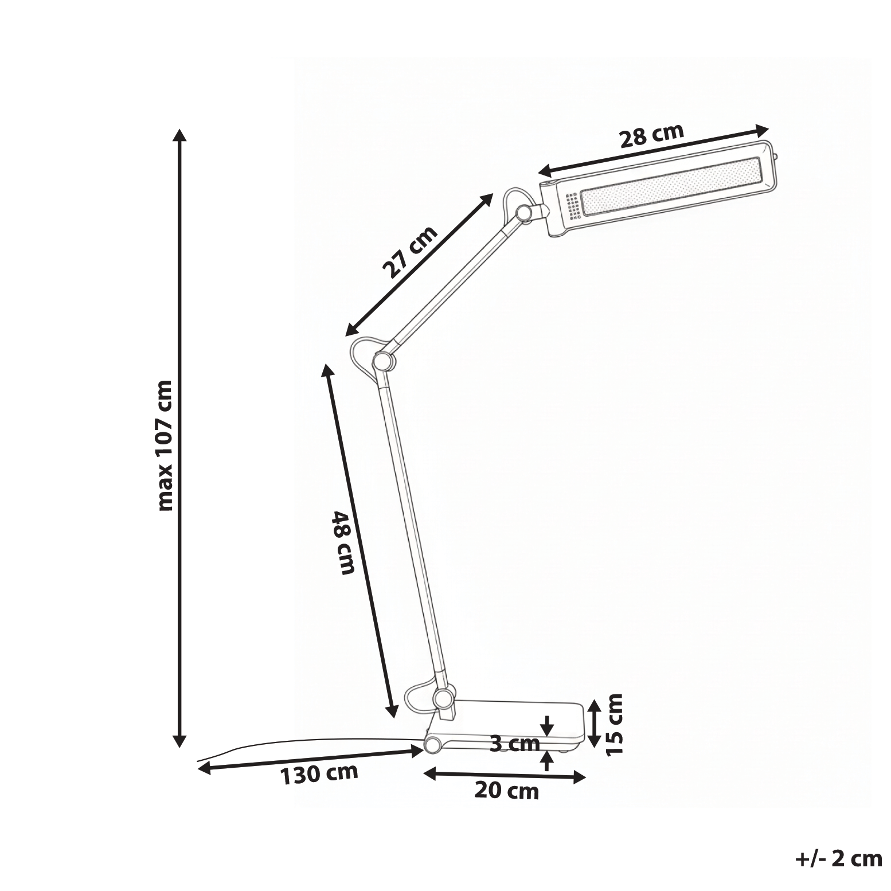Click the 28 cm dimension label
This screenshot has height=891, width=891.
pos(652,135)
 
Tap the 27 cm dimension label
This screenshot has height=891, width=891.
pos(410,252)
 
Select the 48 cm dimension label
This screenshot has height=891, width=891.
pos(345,542)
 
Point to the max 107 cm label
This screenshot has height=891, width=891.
pos(165,445)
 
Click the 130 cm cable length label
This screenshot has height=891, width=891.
pos(319,774)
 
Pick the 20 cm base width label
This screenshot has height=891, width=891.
pos(507,791)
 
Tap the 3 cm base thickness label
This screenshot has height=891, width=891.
pos(515,744)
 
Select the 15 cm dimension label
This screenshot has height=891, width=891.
pos(614,724)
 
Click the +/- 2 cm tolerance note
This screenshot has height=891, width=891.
pos(839,858)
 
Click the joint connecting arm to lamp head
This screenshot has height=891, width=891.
pos(523,213)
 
